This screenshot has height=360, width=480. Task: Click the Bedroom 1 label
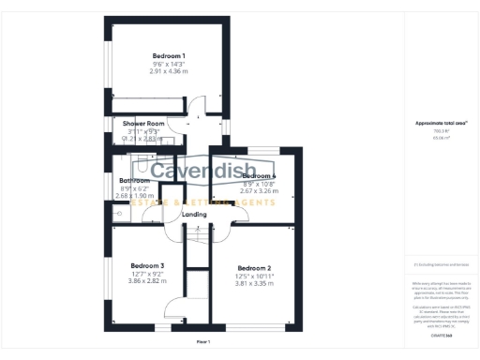(x=169, y=55)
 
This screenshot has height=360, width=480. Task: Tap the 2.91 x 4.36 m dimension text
(x=169, y=71)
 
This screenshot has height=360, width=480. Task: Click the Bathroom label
(x=134, y=180)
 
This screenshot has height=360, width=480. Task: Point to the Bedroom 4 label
(x=259, y=176)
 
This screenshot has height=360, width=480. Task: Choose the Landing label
(x=194, y=215)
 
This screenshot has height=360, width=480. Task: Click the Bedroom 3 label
(x=147, y=265)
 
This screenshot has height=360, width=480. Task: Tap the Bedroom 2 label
(x=254, y=267)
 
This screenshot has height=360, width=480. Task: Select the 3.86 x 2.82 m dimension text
(x=147, y=280)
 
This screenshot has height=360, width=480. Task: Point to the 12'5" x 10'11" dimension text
(x=254, y=276)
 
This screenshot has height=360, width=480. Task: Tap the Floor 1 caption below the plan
(x=203, y=342)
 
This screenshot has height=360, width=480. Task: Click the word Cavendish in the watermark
(x=201, y=172)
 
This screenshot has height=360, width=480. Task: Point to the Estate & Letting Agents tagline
(x=202, y=202)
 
